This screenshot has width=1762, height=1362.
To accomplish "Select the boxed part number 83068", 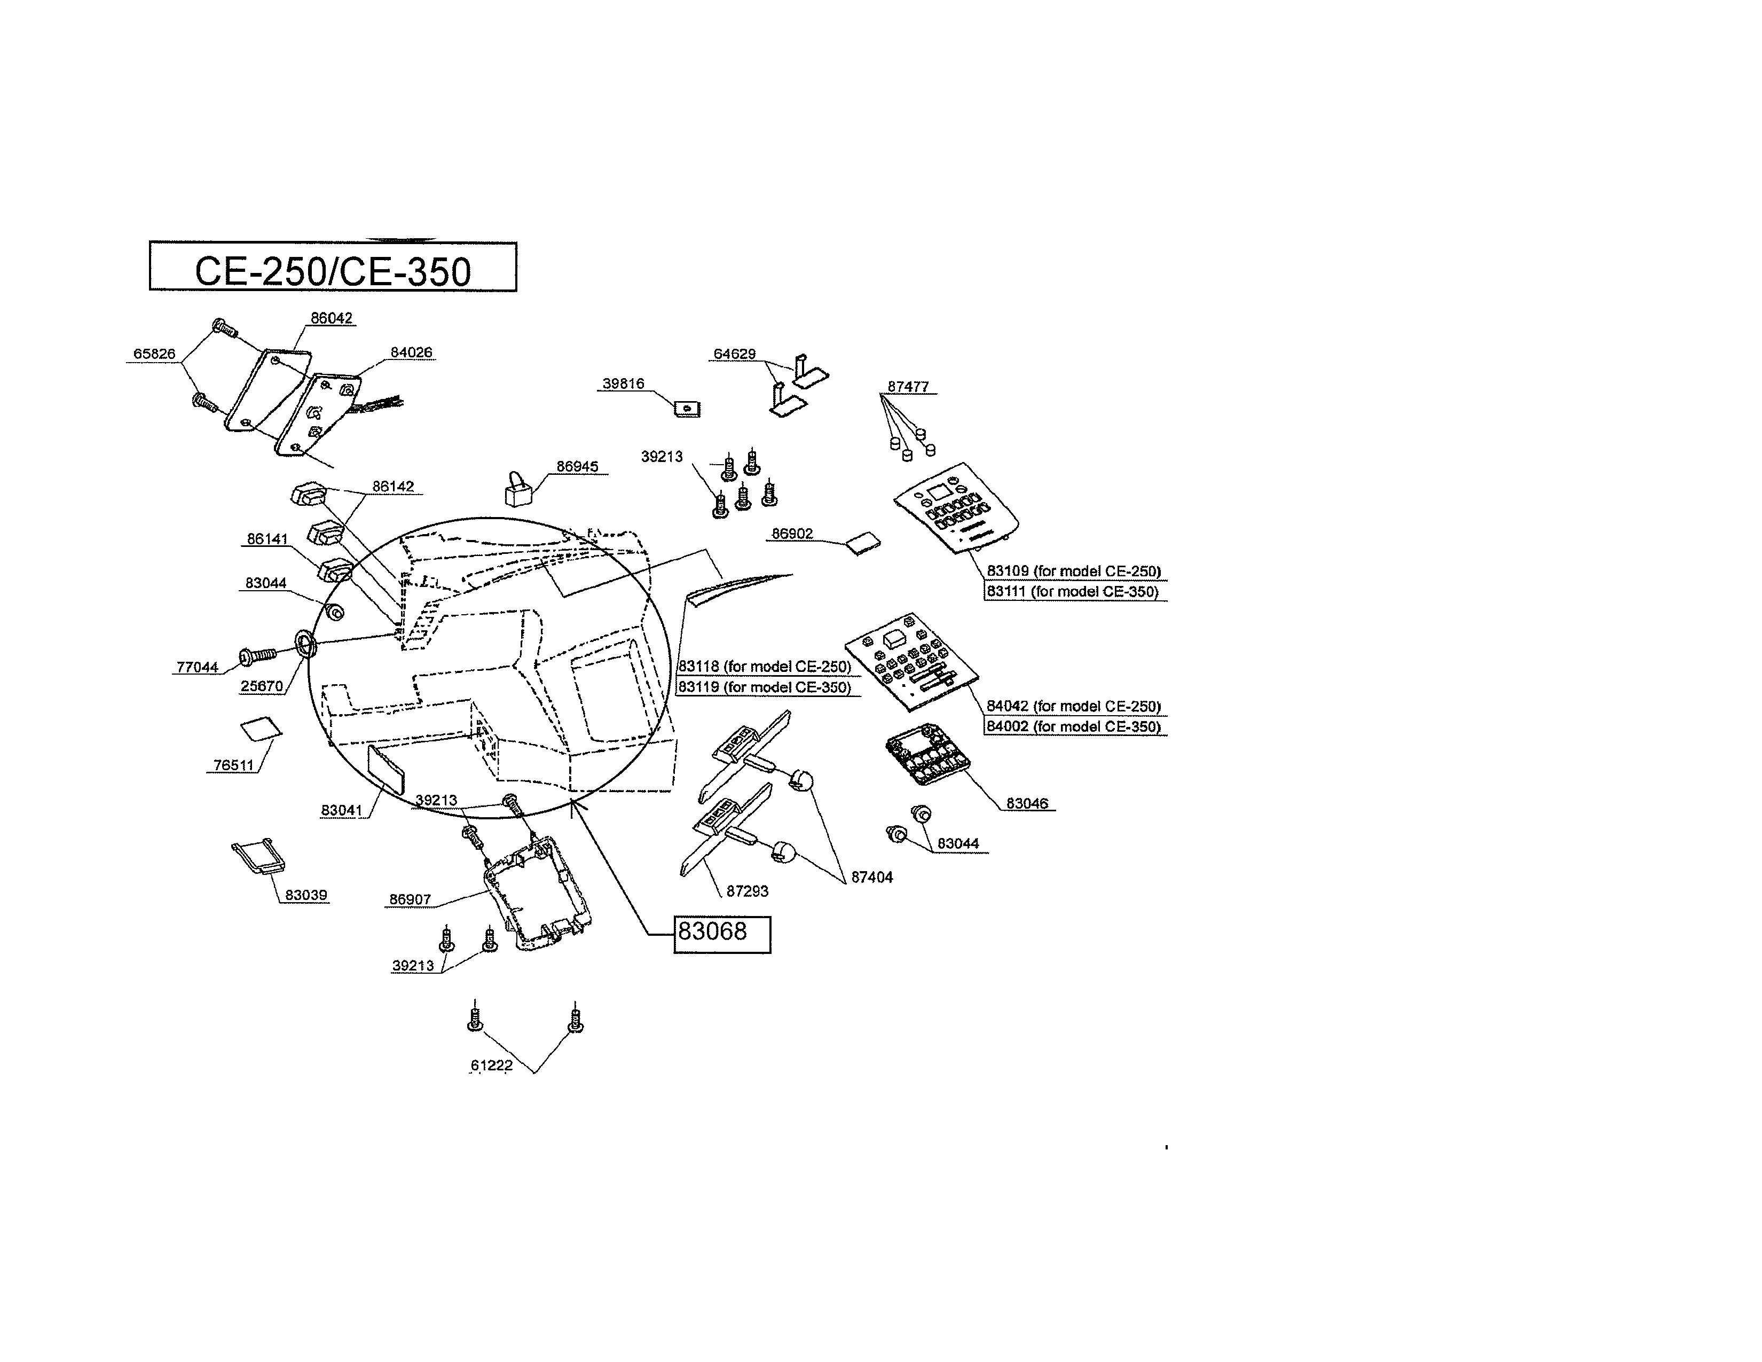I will coord(721,934).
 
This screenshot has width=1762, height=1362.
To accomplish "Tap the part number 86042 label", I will coord(332,319).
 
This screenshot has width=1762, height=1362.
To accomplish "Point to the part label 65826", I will coord(154,354).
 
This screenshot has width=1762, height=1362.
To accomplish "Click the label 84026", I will coord(412,353).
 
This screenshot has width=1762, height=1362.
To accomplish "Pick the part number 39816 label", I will coord(624,384).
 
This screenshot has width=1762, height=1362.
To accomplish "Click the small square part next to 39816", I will coord(687,409).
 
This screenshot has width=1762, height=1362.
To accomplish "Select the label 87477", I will coord(908,387).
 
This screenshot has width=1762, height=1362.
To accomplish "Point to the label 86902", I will coord(792,534).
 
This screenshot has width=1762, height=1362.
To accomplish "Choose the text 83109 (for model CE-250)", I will coord(1074,572).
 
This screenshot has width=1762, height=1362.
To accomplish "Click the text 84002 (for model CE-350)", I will coord(1074,727).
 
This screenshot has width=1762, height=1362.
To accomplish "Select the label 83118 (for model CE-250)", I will coord(765,667).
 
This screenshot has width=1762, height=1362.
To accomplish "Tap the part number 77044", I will coord(198,667).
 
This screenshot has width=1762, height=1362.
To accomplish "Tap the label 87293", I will coord(747,891).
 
